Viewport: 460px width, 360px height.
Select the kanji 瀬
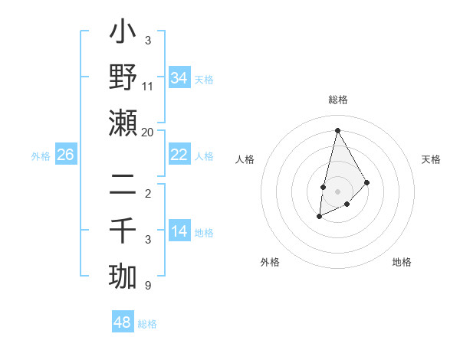click(x=123, y=123)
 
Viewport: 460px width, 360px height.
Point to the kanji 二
click(x=123, y=184)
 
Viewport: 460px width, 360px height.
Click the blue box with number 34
click(x=179, y=77)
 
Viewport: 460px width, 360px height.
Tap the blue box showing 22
click(x=179, y=155)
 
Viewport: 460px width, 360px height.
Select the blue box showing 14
click(x=179, y=231)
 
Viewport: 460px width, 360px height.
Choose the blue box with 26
click(x=65, y=155)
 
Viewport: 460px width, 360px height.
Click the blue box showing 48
click(x=123, y=322)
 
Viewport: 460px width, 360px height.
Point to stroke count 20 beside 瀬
click(x=148, y=133)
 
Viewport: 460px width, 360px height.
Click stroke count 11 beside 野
click(x=148, y=87)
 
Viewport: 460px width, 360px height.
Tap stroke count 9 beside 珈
click(x=148, y=286)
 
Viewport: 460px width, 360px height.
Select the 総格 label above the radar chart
click(x=338, y=100)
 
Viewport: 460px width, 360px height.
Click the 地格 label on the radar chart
click(x=402, y=262)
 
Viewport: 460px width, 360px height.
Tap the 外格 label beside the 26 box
click(x=41, y=155)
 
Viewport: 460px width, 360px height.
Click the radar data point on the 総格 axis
click(x=337, y=130)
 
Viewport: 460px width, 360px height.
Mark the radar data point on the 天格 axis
click(x=367, y=182)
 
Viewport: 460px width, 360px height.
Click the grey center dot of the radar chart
click(x=337, y=191)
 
